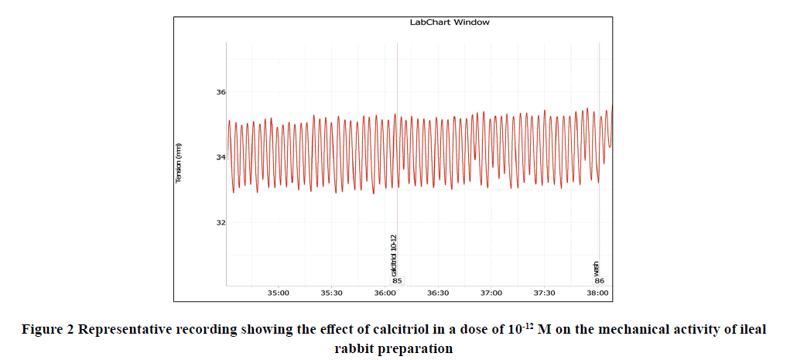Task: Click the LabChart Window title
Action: (450, 22)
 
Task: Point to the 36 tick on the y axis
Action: (221, 92)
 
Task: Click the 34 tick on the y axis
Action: (221, 157)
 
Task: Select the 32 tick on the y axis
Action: (221, 222)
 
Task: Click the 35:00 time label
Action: (279, 293)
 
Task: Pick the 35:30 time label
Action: (331, 293)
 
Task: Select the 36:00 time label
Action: (385, 293)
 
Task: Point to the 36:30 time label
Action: (438, 293)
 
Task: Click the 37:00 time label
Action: (491, 293)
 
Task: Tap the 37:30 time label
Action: (545, 293)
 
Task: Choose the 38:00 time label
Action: (597, 293)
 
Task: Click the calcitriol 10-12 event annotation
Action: (394, 255)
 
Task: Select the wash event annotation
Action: (596, 269)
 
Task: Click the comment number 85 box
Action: (398, 281)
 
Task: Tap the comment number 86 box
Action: (600, 281)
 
